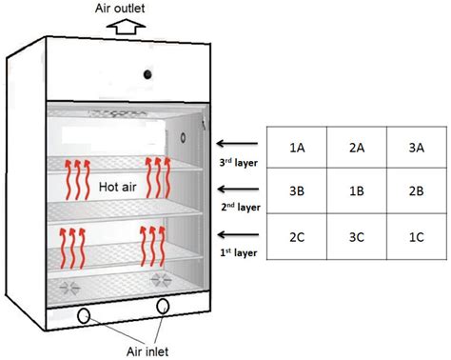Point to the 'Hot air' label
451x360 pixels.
[x=119, y=189]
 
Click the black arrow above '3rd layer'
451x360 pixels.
[x=238, y=146]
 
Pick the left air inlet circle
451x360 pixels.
[x=85, y=315]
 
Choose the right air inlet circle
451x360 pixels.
[x=163, y=306]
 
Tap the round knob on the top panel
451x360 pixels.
[x=148, y=74]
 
